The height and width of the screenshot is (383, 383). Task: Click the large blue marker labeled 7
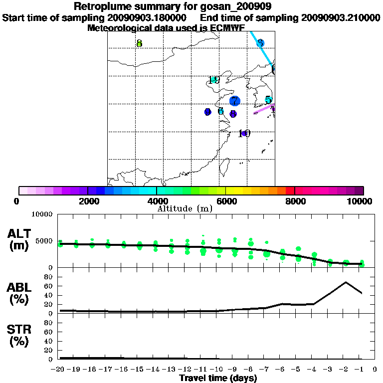pyautogui.click(x=234, y=101)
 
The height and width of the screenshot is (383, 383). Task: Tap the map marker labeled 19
pyautogui.click(x=214, y=80)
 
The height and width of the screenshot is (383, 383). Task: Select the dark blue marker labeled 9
pyautogui.click(x=207, y=112)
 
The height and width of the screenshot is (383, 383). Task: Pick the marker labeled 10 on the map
pyautogui.click(x=244, y=133)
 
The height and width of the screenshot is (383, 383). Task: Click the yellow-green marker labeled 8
pyautogui.click(x=139, y=43)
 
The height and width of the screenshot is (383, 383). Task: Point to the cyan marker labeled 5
pyautogui.click(x=268, y=100)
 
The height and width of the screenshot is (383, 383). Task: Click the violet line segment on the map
pyautogui.click(x=263, y=109)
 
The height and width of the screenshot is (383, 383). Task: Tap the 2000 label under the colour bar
pyautogui.click(x=87, y=201)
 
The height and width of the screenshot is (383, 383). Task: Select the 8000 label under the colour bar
pyautogui.click(x=295, y=201)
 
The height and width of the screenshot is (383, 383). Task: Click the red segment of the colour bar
pyautogui.click(x=290, y=191)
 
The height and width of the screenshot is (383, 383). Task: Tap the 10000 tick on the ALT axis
pyautogui.click(x=42, y=214)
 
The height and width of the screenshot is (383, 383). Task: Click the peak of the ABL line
pyautogui.click(x=346, y=282)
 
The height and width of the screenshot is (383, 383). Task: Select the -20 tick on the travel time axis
pyautogui.click(x=59, y=369)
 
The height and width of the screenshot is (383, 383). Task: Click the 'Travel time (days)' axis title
pyautogui.click(x=218, y=379)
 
